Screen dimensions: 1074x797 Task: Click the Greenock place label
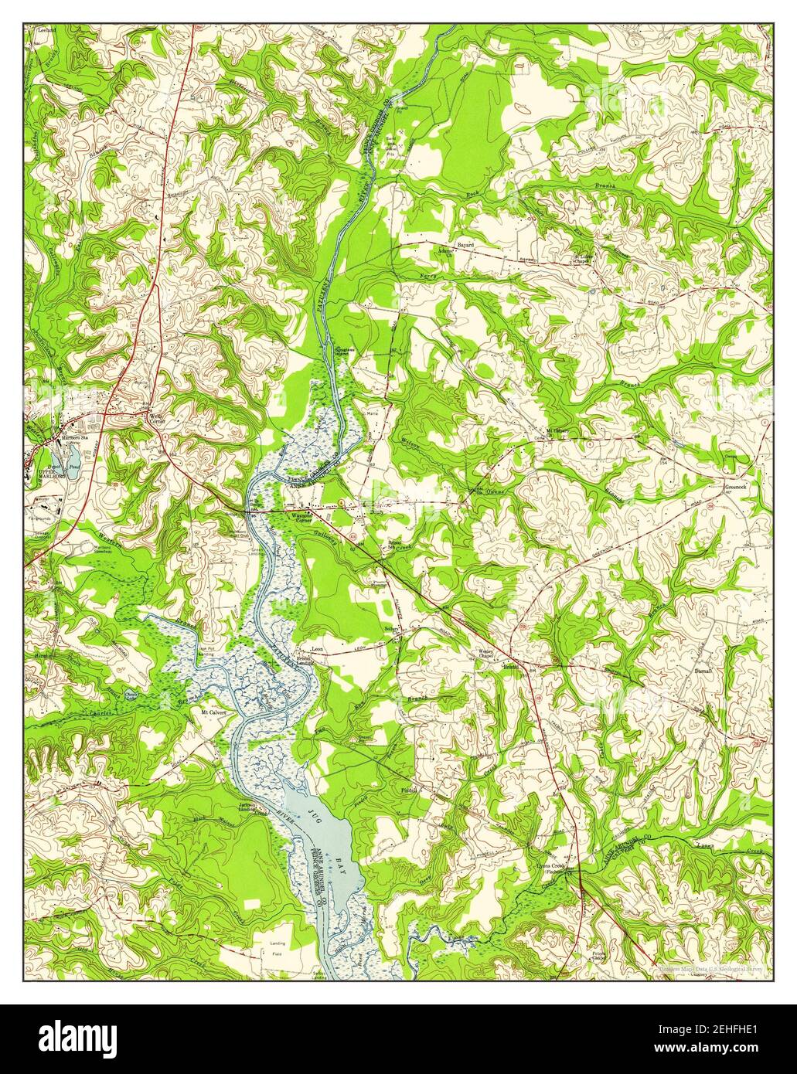click(734, 488)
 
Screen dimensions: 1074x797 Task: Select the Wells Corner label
click(157, 415)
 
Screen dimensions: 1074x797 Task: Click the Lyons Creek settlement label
click(567, 868)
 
